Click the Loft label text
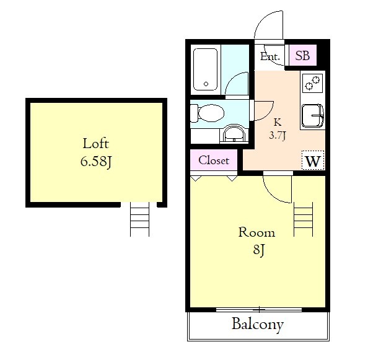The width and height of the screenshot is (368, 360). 96,144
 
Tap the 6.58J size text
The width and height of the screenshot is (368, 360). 96,162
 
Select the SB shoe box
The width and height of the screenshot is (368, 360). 302,55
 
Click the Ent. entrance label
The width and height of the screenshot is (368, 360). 270,56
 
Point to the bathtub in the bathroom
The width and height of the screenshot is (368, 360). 205,69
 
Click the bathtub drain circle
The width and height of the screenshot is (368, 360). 206,84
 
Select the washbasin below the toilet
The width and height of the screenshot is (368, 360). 234,134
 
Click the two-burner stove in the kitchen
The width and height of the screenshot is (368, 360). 313,83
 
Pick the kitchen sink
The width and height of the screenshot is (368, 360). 312,115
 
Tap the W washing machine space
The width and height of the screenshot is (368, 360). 313,160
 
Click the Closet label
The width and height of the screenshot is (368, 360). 214,160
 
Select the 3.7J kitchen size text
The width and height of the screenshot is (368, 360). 278,136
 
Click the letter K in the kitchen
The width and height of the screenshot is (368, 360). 278,122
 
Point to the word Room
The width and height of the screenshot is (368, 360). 256,232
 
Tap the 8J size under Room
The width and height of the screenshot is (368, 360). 259,250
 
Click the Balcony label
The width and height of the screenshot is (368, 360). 258,325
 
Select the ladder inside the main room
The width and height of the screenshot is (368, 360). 303,219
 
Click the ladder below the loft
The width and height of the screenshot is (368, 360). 139,219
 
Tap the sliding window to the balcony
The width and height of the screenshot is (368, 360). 259,310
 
